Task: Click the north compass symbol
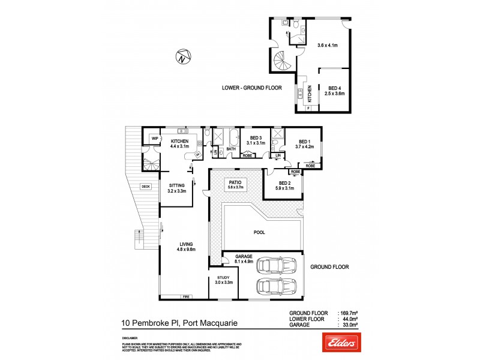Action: [183, 58]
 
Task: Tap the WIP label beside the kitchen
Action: [154, 139]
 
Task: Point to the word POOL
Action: [259, 232]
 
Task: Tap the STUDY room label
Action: [224, 278]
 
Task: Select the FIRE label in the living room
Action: [186, 296]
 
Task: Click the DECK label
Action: [145, 187]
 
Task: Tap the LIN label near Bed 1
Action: [277, 155]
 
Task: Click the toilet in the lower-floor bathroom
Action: [295, 24]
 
